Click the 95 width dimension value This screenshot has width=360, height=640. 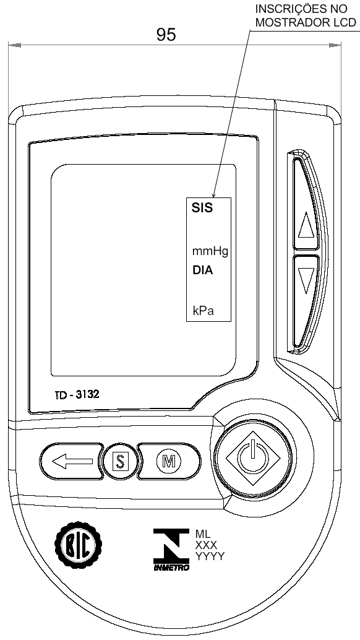pos(166,35)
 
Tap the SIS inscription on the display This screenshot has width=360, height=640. pos(202,208)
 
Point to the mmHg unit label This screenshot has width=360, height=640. pos(210,251)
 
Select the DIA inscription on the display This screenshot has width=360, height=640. pos(202,270)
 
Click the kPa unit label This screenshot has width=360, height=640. pos(204,311)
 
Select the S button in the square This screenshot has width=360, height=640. pos(120,461)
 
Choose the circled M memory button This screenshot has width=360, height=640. pos(168,461)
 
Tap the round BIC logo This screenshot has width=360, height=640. pos(79,544)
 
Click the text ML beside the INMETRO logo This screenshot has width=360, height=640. pos(203,534)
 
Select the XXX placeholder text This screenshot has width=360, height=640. pos(207,545)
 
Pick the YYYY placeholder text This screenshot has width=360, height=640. pos(210,556)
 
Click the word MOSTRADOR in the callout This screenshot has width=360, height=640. pos(289,22)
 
